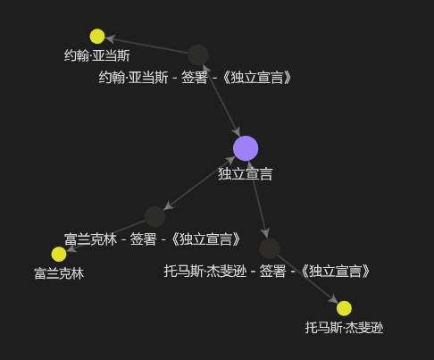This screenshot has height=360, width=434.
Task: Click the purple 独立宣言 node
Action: coord(246,148)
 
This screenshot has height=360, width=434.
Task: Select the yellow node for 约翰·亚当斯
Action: coord(97,37)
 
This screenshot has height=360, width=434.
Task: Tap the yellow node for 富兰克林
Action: coord(59,254)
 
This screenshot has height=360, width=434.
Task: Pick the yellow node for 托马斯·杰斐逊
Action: coord(344,308)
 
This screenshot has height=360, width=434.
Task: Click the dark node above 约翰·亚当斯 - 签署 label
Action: coord(198,55)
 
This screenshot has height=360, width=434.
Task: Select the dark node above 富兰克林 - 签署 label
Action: coord(154,216)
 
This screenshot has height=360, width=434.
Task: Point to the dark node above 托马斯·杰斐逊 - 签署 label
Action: coord(270,248)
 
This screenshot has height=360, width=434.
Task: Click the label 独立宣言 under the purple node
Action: coord(246,174)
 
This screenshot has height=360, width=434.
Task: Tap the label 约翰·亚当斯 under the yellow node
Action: coord(97,55)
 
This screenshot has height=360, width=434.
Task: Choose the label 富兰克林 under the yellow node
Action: coord(59,273)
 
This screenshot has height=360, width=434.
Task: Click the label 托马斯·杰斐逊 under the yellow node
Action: coord(344,328)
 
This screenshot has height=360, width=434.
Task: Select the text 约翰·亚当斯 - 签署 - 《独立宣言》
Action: coord(195,78)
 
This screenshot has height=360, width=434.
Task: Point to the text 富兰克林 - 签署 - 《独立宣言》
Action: coord(153,239)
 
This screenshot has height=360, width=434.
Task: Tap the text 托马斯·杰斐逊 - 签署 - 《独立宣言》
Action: coord(267,272)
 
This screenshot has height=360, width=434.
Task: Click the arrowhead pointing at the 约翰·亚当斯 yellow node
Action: coord(110,38)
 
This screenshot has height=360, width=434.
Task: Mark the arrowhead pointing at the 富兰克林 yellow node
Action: coord(71,249)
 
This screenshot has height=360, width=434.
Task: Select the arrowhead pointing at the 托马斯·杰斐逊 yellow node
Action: coord(333,299)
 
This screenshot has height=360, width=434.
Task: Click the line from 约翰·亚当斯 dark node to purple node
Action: coord(221,100)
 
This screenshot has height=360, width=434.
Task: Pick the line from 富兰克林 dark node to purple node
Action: coord(199,183)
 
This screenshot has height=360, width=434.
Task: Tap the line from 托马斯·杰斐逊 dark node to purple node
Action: coord(258,199)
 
